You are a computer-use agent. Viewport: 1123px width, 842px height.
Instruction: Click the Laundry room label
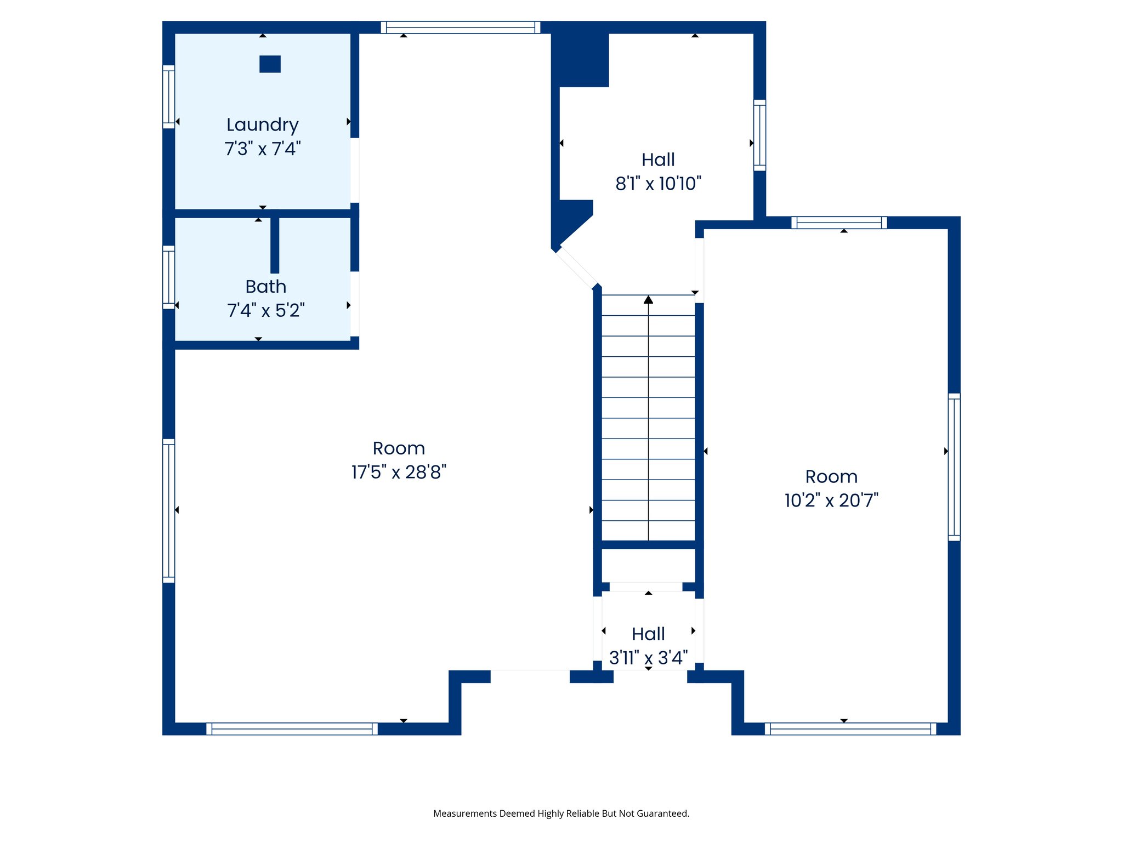(262, 125)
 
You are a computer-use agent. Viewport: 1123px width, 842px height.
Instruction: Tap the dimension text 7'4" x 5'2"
(265, 310)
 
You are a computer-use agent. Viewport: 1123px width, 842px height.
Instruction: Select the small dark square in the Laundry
(270, 64)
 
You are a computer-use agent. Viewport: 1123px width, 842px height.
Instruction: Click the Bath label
(265, 286)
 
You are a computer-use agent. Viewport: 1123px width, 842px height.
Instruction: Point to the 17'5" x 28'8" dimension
(399, 472)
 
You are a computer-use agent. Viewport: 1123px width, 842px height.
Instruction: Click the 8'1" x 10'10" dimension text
(658, 184)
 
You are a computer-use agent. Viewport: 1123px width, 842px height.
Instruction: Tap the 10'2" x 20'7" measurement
(831, 500)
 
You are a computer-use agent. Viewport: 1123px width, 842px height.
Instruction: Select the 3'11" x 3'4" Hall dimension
(648, 658)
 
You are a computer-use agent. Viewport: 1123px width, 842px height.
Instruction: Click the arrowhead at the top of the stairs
(648, 299)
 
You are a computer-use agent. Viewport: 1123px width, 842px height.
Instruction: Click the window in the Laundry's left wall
(168, 96)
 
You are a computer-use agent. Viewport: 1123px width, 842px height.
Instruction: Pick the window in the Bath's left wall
(168, 277)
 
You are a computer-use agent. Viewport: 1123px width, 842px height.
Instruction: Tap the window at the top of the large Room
(461, 27)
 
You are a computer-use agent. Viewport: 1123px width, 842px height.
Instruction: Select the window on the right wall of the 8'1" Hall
(759, 135)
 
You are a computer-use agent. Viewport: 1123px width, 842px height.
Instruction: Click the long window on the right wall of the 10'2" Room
(954, 466)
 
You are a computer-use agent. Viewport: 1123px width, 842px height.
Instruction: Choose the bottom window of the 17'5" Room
(292, 729)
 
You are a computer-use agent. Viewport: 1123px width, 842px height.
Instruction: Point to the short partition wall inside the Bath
(275, 245)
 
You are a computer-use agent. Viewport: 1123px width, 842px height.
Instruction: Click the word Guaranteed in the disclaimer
(662, 813)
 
